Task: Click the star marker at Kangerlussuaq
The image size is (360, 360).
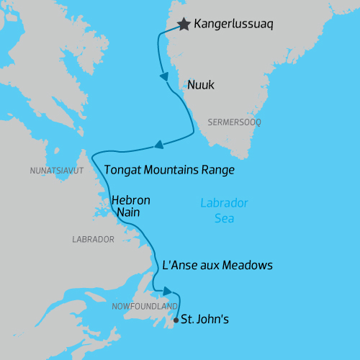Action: coord(184,24)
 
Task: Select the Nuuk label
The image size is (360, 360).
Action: coord(201,85)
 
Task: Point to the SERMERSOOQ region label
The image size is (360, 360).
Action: coord(234,122)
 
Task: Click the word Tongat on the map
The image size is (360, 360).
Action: coord(123,171)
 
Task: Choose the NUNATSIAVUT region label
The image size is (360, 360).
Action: coord(57,171)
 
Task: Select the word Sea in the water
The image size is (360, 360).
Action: coord(224,218)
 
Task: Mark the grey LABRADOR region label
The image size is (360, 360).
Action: coord(94,239)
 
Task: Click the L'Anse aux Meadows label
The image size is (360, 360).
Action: coord(217,265)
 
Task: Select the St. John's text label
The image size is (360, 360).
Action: coord(204,318)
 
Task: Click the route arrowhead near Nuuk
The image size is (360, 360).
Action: coord(164,76)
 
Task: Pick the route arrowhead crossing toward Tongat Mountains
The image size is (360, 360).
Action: coord(159,145)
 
